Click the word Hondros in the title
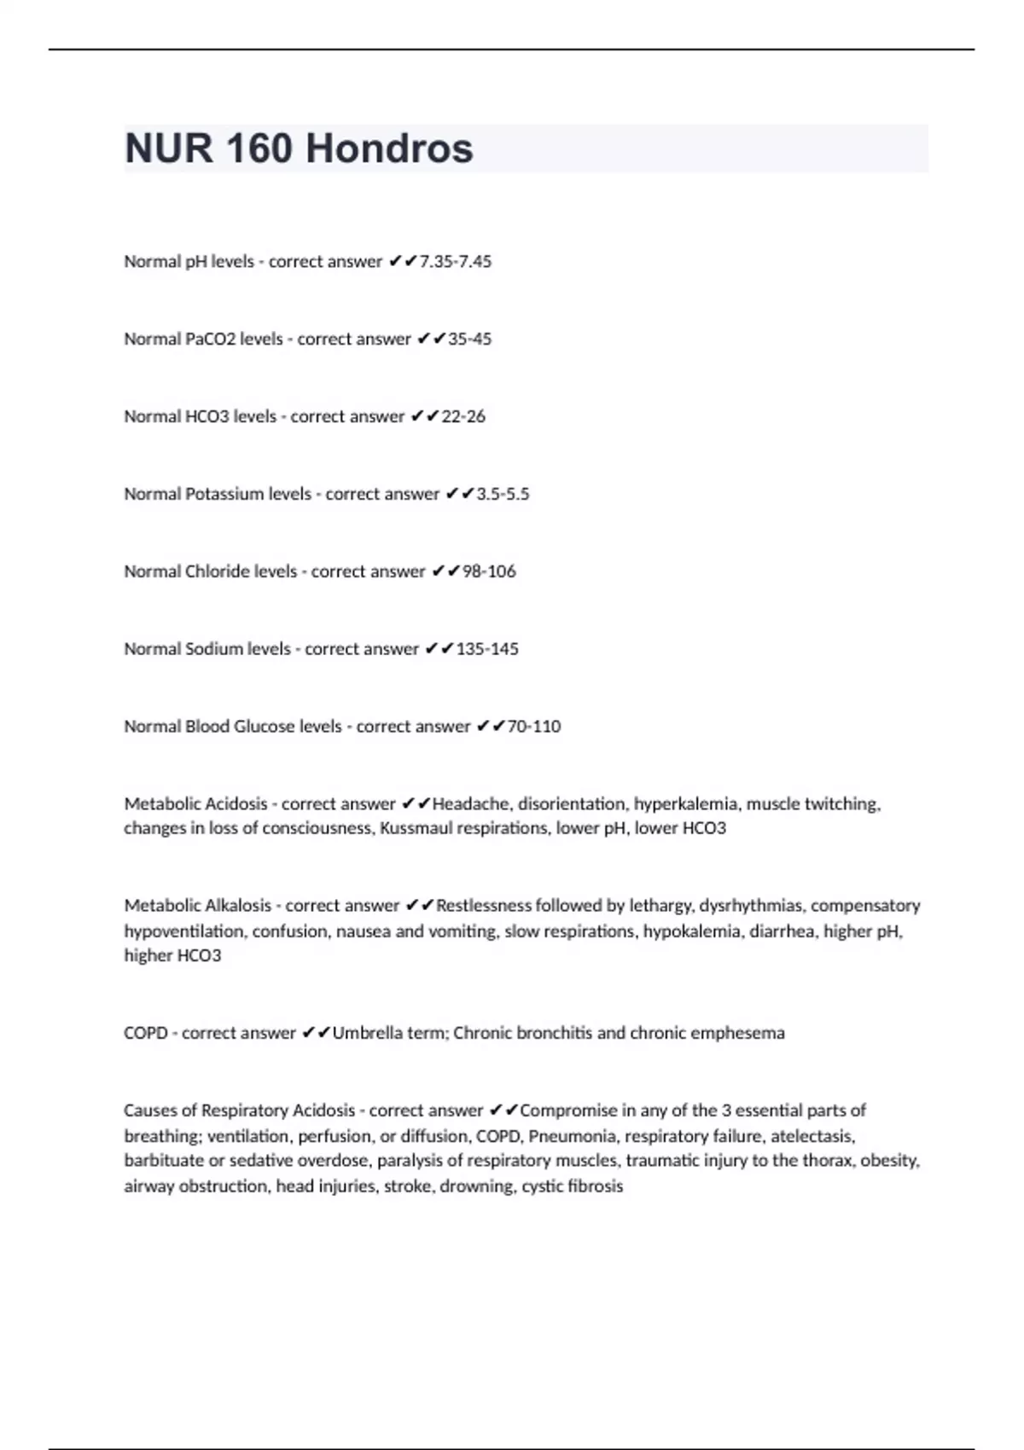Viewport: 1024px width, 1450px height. point(389,148)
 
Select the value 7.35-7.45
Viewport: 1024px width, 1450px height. point(456,261)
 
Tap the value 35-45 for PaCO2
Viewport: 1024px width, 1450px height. point(470,339)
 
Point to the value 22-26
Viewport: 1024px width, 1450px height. point(463,416)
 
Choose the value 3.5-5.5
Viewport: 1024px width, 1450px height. point(503,494)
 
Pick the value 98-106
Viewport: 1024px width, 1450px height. point(489,571)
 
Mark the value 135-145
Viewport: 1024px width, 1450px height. point(487,649)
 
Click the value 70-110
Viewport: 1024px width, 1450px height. point(534,727)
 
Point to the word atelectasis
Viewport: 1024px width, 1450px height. point(812,1136)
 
